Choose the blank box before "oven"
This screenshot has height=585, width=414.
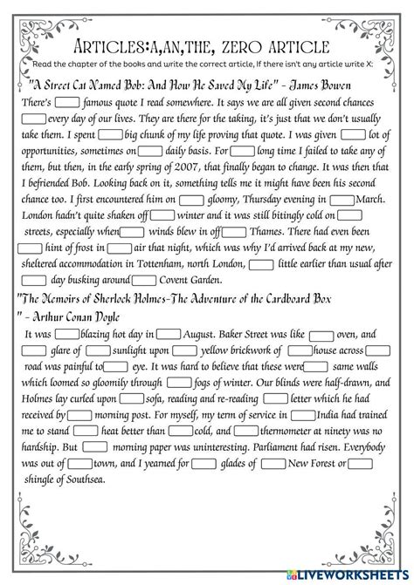point(321,332)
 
